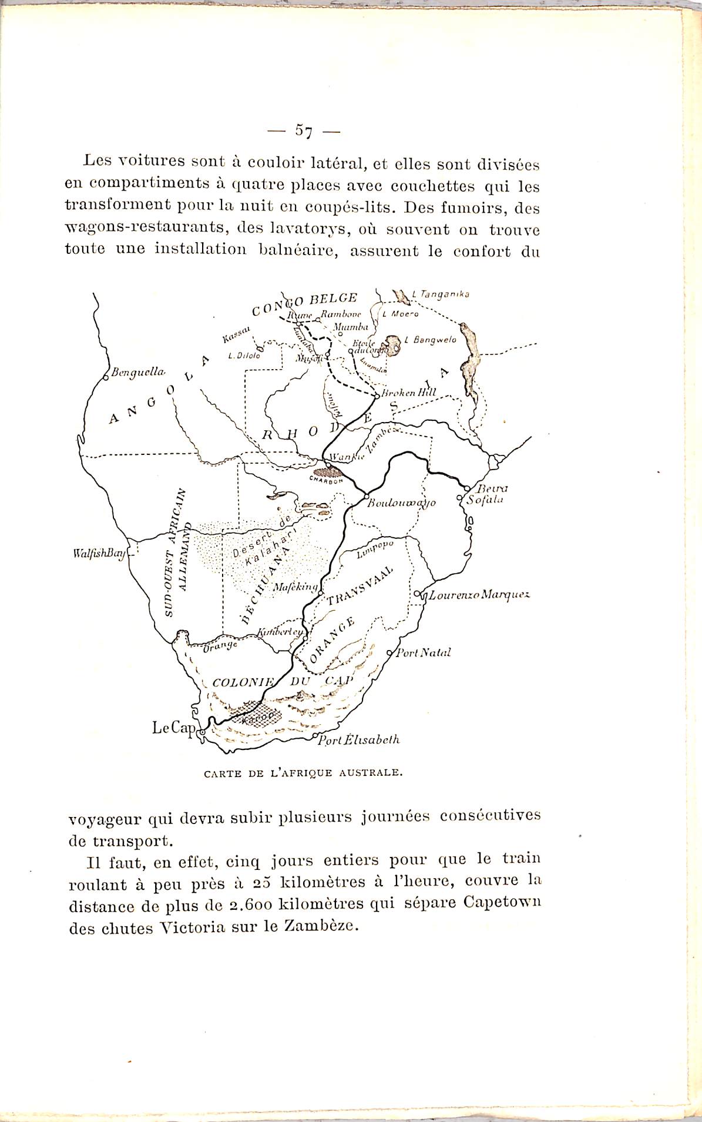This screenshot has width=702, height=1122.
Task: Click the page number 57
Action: pyautogui.click(x=304, y=130)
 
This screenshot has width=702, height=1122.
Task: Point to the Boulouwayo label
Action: pyautogui.click(x=402, y=503)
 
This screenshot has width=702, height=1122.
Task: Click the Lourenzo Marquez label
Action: pyautogui.click(x=479, y=595)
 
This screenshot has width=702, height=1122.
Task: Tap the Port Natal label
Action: pyautogui.click(x=424, y=652)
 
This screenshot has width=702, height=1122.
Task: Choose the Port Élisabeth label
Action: pyautogui.click(x=358, y=739)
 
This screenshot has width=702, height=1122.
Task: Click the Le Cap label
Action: pyautogui.click(x=173, y=728)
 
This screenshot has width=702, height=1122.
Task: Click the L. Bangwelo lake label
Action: pyautogui.click(x=431, y=340)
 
